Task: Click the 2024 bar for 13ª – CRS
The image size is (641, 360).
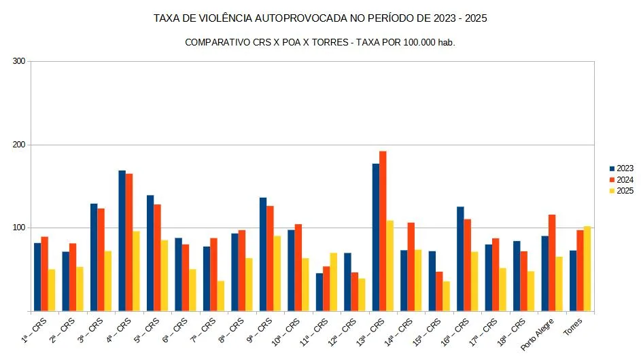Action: click(383, 231)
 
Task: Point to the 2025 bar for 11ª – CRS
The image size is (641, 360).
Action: click(333, 282)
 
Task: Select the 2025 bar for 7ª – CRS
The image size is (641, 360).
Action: click(220, 296)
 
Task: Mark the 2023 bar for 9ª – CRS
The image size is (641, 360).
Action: click(262, 254)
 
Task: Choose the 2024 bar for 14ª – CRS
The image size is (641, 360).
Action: click(411, 267)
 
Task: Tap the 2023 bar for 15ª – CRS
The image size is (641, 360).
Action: click(432, 281)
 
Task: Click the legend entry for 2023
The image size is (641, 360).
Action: click(621, 168)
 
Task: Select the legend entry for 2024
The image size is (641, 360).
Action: click(621, 179)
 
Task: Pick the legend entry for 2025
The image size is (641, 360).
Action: click(621, 191)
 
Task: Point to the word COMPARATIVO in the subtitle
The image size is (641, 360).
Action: click(218, 42)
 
